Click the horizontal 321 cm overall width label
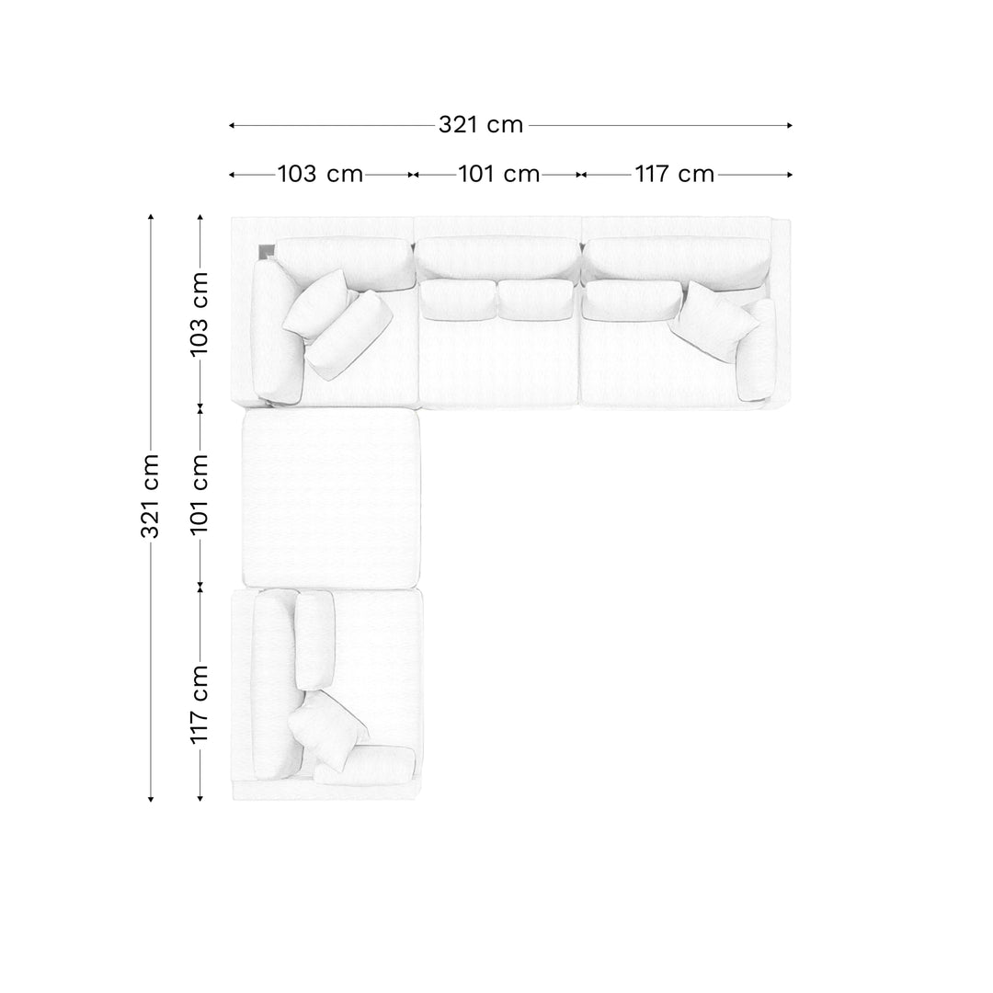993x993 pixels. coord(481,125)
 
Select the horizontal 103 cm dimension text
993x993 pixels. coord(321,174)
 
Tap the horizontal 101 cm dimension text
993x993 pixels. coord(498,174)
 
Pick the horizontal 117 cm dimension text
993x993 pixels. coord(675,174)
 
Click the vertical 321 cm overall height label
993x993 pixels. coord(150,496)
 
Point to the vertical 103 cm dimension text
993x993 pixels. coord(200,314)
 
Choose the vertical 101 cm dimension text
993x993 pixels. coord(200,494)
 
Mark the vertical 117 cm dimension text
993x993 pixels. coord(200,704)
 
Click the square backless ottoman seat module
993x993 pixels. coord(331,499)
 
